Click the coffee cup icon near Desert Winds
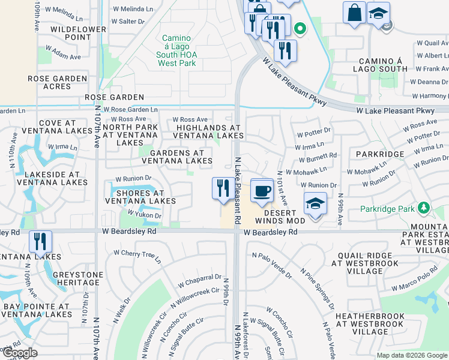pyautogui.click(x=261, y=191)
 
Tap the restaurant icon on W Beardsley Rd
pyautogui.click(x=40, y=241)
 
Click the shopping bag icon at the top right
pyautogui.click(x=354, y=13)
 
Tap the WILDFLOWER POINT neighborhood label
pyautogui.click(x=70, y=33)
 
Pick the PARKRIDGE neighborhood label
pyautogui.click(x=379, y=154)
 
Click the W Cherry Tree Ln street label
pyautogui.click(x=139, y=256)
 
